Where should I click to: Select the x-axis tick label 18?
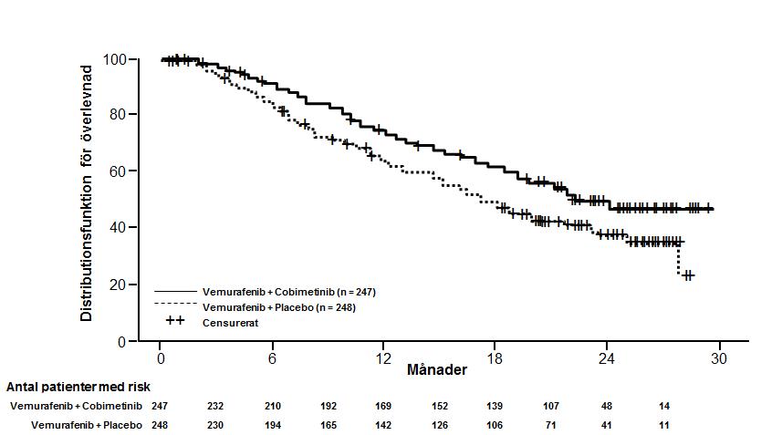tap(495, 357)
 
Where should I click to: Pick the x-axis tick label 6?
tap(272, 357)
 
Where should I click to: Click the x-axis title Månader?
tap(437, 370)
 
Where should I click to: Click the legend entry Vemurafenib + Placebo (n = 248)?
tap(279, 306)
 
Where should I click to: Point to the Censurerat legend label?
tap(229, 321)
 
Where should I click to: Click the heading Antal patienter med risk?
tap(78, 387)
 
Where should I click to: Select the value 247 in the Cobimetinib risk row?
tap(161, 405)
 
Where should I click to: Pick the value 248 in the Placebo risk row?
tap(161, 425)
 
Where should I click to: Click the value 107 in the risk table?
tap(551, 405)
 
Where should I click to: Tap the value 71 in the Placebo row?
tap(551, 425)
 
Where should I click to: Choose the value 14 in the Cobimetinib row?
tap(662, 405)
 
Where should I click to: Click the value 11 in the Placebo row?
tap(662, 425)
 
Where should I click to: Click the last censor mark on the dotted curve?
tap(689, 274)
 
